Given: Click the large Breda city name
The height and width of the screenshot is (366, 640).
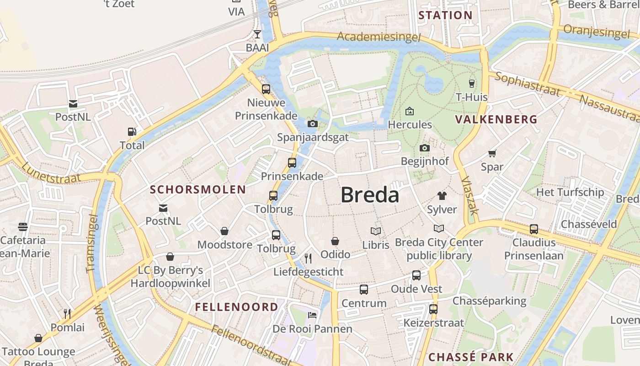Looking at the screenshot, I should [x=370, y=195].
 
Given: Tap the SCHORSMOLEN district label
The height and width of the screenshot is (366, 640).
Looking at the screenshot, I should [x=198, y=189].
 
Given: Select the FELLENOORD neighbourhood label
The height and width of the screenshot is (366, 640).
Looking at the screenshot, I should [x=237, y=307].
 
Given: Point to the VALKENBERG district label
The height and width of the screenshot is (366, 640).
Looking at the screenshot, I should [x=496, y=119].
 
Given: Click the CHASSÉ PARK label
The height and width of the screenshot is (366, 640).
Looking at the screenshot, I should [x=471, y=357].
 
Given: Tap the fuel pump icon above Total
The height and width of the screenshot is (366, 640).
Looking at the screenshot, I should [x=132, y=132].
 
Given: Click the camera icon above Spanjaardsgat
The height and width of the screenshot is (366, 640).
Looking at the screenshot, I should [x=313, y=124].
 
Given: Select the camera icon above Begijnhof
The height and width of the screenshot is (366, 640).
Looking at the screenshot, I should [x=425, y=148].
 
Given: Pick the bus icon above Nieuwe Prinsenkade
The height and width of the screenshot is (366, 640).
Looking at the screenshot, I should [x=266, y=89].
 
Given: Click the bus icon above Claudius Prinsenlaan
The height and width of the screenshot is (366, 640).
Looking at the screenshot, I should [x=534, y=229].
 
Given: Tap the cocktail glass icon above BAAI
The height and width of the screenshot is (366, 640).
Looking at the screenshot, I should [x=257, y=34].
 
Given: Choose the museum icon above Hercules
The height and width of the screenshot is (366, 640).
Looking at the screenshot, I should [x=410, y=111].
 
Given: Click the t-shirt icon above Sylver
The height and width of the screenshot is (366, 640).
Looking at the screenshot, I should [x=442, y=196].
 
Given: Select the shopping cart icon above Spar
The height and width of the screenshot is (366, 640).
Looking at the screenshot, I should [x=492, y=153].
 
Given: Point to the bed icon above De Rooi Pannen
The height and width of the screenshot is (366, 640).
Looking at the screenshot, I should [x=312, y=315].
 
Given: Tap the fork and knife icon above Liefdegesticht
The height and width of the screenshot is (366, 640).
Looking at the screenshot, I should [x=308, y=258].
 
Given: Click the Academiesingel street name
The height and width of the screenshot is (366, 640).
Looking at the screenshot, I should [x=379, y=37].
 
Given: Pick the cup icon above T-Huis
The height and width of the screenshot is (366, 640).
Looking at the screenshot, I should [x=472, y=83].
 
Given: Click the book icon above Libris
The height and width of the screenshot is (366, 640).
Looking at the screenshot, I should [x=376, y=231].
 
